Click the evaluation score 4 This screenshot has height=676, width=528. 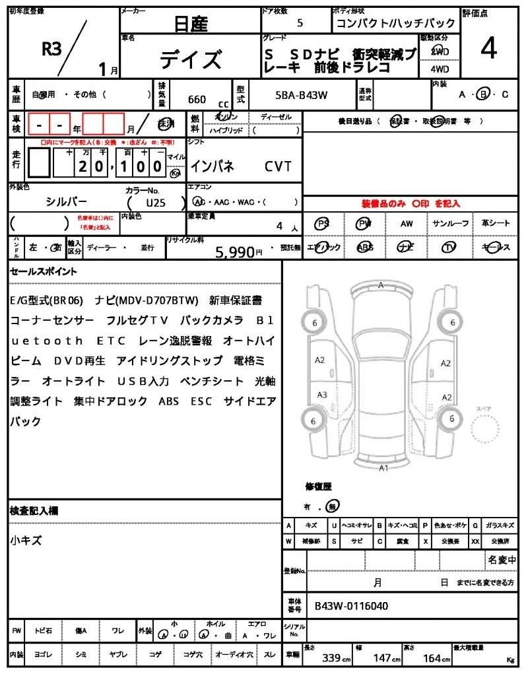coord(488,48)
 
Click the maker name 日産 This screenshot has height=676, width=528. coord(190,24)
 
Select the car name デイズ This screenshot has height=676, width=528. coord(190,60)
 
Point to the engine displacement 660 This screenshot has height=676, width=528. coord(197,100)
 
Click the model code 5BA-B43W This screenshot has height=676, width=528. coord(302,96)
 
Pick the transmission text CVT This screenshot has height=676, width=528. coord(278,166)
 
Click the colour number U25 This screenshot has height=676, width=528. coord(156,203)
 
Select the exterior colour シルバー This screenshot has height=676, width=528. coord(66,201)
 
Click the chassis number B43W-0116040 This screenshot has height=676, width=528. coord(351,605)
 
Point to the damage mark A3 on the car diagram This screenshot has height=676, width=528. coord(321,395)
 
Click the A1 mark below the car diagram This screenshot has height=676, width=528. coord(383,468)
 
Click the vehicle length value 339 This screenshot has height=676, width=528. coord(331,658)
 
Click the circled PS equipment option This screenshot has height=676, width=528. coord(323,223)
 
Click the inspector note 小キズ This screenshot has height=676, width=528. coord(26,540)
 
